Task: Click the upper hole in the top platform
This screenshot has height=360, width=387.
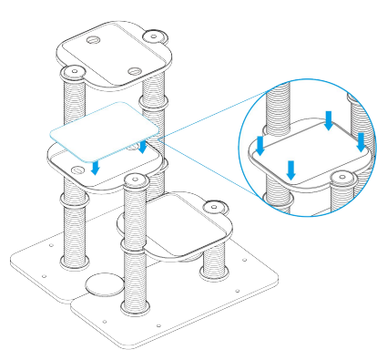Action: click(x=93, y=41)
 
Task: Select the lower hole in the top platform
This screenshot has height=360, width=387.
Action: click(x=134, y=70)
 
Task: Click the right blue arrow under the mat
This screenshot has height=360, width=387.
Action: click(x=143, y=146)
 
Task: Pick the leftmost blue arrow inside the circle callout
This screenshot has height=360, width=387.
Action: click(x=260, y=146)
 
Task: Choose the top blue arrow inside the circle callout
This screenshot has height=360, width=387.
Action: click(x=329, y=119)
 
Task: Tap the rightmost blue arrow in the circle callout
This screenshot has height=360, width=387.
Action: click(x=361, y=140)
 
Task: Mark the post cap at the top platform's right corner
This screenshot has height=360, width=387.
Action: click(x=153, y=37)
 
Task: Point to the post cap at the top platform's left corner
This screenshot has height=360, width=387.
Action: click(x=72, y=70)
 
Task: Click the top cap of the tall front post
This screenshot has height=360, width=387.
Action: click(x=137, y=180)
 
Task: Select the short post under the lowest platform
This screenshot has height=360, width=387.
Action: click(x=215, y=259)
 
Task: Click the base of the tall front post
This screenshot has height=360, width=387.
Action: click(x=137, y=303)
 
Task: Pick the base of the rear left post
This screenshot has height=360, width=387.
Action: click(x=72, y=262)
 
